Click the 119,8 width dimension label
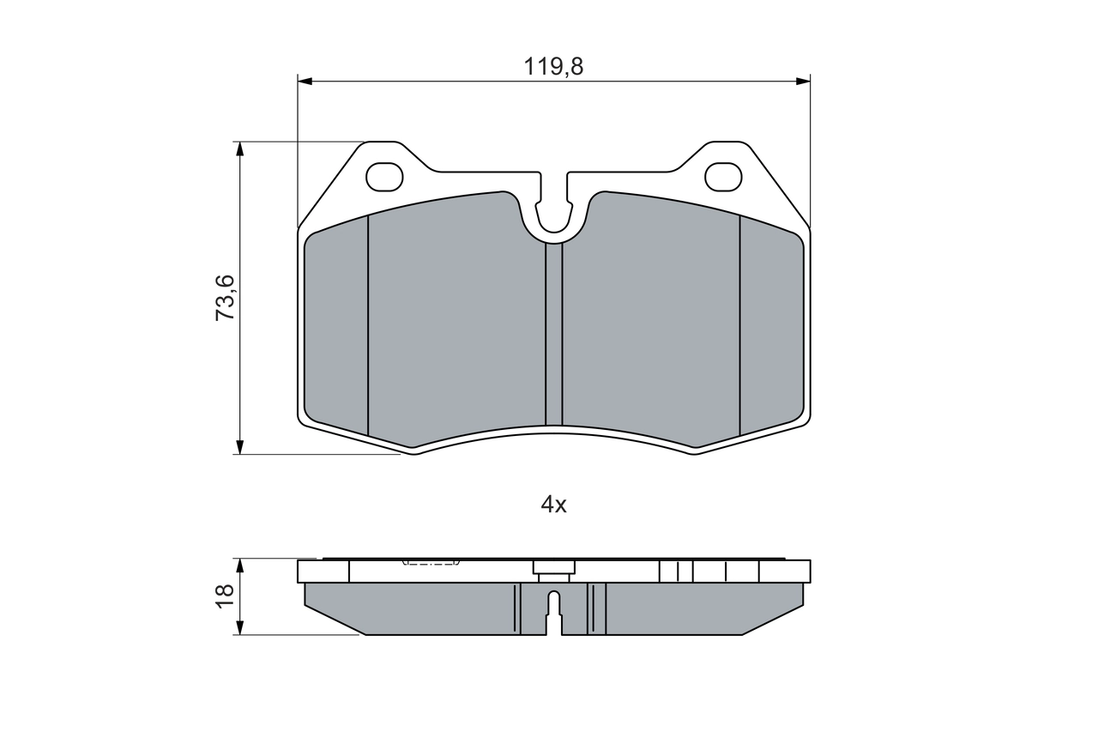point(553,67)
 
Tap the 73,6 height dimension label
point(226,298)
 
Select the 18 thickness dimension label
point(225,596)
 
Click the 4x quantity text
point(553,505)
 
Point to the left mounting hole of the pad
point(384,177)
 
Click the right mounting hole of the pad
point(723,177)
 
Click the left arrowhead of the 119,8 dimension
point(305,81)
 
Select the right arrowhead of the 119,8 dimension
point(803,81)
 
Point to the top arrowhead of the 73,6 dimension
point(239,149)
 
